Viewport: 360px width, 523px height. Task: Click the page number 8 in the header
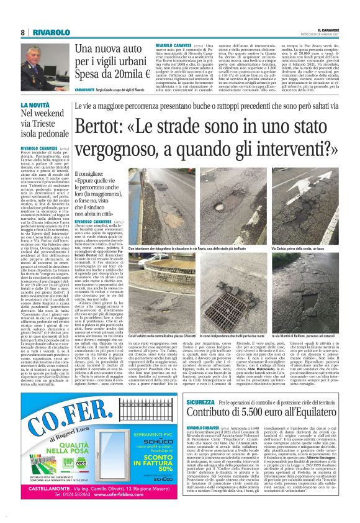pyautogui.click(x=23, y=32)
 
